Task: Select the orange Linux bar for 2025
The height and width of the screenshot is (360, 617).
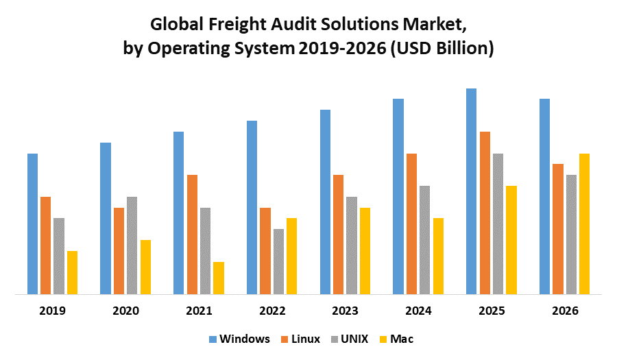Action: click(x=485, y=213)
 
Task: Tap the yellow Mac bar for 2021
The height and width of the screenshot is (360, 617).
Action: click(x=219, y=278)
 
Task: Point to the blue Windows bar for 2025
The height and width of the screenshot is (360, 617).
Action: click(x=472, y=192)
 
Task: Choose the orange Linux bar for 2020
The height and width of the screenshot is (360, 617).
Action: click(x=119, y=251)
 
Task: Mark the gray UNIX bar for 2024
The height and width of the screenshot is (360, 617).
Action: click(x=425, y=240)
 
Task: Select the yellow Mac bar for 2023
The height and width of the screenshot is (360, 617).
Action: click(x=365, y=251)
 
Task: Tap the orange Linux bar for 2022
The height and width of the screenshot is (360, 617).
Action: click(x=265, y=251)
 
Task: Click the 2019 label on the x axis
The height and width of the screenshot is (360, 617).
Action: click(x=52, y=311)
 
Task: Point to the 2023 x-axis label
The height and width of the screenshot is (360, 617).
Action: click(x=346, y=311)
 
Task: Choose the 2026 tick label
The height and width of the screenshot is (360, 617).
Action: click(x=565, y=311)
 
